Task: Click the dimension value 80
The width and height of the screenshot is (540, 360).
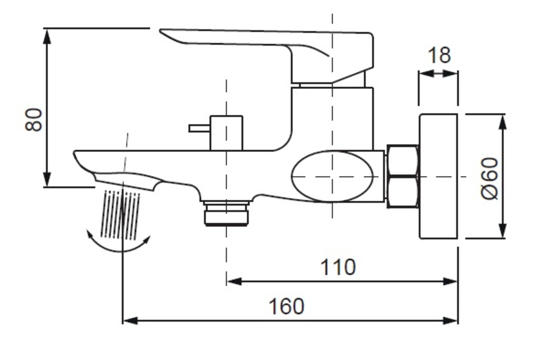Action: point(34,120)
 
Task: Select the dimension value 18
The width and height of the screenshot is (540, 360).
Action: point(439,56)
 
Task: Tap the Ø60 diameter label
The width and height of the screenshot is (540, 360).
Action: point(490,178)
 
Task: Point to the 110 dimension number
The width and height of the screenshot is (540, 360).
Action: point(337,267)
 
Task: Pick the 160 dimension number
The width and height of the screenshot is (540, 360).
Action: point(286,306)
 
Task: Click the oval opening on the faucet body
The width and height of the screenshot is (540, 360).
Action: point(333,176)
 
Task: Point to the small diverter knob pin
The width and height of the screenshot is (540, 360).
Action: point(198,129)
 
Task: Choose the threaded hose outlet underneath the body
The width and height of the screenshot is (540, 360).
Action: point(226,214)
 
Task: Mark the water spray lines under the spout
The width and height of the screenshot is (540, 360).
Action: point(121,214)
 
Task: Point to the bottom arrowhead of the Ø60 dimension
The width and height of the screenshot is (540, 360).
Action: point(503,231)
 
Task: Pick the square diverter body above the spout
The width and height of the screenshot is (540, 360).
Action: point(226,133)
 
